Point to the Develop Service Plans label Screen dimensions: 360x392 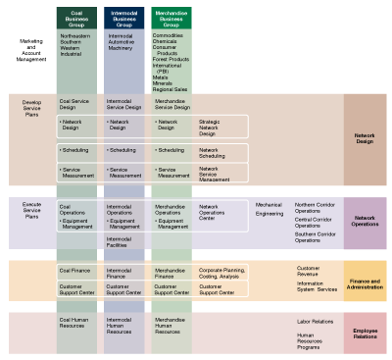(x=30, y=107)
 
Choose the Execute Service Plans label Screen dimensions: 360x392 (x=30, y=209)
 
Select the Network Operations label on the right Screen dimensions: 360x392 (x=365, y=221)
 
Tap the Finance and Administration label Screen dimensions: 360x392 (x=365, y=282)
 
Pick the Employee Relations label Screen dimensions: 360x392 (x=365, y=333)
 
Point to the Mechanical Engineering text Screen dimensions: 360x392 (x=269, y=209)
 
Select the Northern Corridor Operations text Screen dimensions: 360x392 (x=315, y=208)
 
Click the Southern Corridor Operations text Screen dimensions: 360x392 (x=315, y=237)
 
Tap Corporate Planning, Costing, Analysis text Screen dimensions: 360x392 (x=223, y=272)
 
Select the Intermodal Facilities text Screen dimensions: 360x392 (x=120, y=241)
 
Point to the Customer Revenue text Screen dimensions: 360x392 (x=310, y=269)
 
